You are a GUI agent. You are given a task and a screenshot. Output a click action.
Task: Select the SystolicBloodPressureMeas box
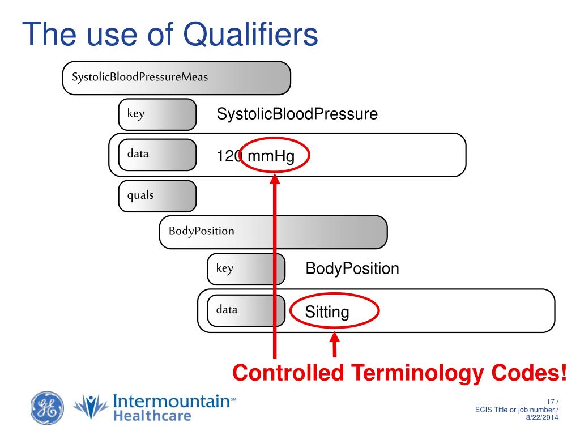(176, 78)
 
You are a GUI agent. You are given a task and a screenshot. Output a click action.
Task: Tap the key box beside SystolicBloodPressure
(157, 114)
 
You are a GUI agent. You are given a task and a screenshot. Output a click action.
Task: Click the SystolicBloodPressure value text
(297, 114)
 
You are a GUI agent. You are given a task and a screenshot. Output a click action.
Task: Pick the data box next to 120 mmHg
(157, 153)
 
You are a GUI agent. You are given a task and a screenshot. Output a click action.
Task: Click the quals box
(157, 195)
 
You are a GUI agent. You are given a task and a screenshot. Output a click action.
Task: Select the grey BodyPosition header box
(273, 232)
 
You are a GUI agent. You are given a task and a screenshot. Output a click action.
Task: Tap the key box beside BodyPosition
(246, 269)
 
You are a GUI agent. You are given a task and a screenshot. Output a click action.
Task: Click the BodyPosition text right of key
(352, 268)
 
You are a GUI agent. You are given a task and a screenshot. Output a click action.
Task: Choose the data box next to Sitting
(246, 310)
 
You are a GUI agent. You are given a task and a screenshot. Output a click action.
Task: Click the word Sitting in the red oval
(327, 312)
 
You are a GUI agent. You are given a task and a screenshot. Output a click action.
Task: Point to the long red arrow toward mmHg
(275, 266)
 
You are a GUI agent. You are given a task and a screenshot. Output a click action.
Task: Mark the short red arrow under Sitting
(335, 346)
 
